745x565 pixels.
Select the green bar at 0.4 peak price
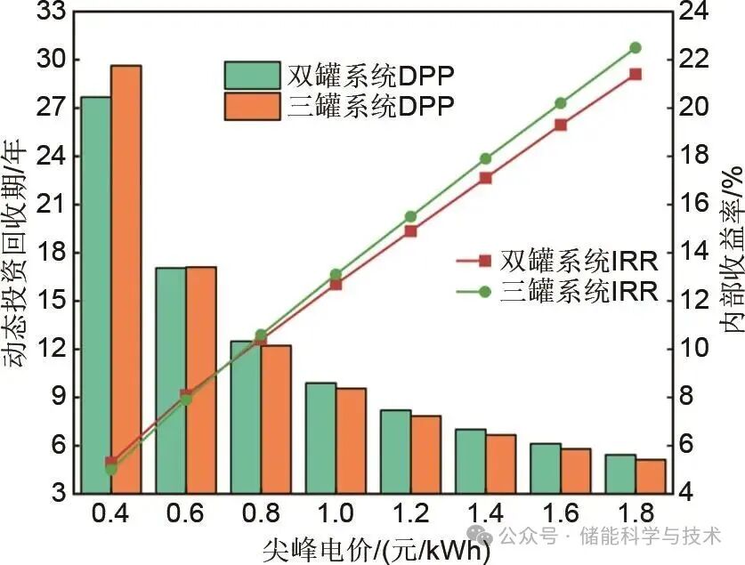click(x=95, y=295)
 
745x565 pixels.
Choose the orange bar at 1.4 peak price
click(x=501, y=464)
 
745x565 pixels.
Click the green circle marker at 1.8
click(x=636, y=47)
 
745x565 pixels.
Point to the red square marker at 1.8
click(x=636, y=74)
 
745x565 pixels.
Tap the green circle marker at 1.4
click(x=485, y=158)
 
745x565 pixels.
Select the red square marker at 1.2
click(x=410, y=230)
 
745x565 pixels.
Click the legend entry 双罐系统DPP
click(x=339, y=74)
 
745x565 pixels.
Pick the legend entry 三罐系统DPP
click(x=339, y=105)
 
